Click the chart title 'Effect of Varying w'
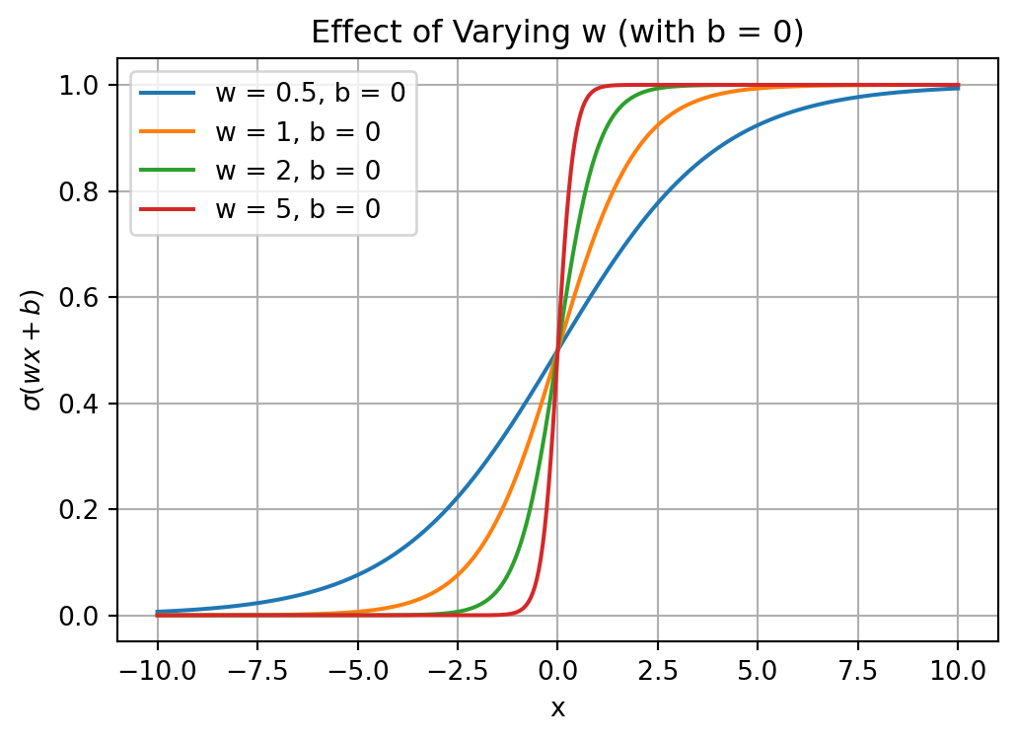[557, 33]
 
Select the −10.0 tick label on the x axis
[157, 672]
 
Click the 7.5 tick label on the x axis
[858, 672]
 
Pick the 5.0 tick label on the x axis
[758, 672]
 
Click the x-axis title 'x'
[557, 707]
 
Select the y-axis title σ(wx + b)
[34, 350]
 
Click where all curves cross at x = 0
[557, 350]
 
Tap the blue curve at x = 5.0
[758, 125]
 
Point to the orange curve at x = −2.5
[457, 575]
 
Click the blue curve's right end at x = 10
[958, 89]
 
